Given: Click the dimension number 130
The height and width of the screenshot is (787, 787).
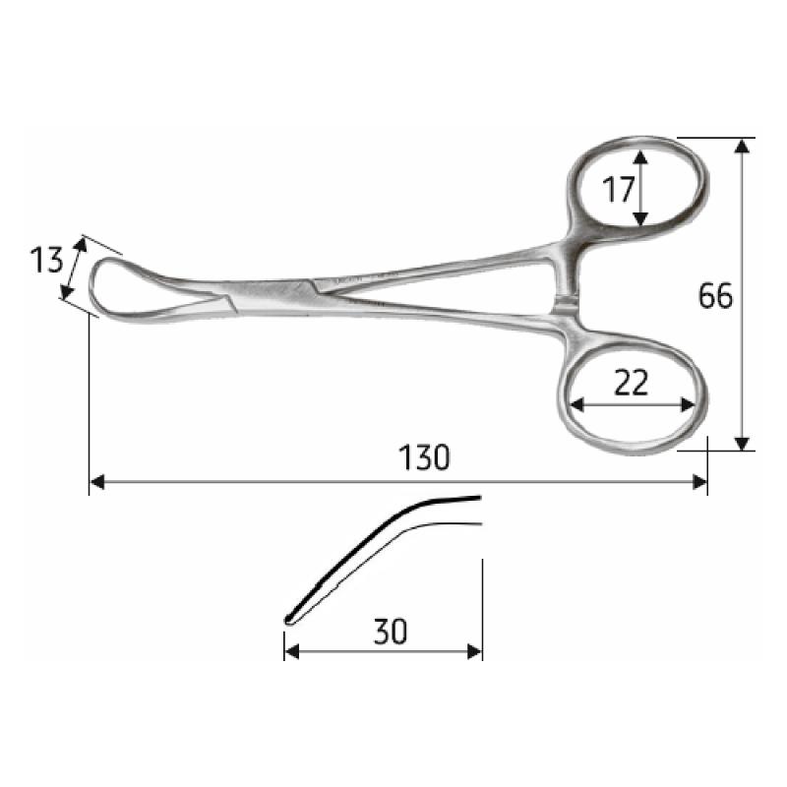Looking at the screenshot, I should click(x=425, y=457).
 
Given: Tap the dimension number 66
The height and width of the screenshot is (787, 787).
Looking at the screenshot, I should click(x=715, y=295).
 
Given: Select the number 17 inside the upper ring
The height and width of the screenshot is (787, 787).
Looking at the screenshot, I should click(x=618, y=188).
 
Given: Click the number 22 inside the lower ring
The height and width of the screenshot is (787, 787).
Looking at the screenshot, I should click(x=631, y=384).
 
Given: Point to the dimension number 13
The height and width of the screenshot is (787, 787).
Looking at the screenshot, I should click(x=46, y=262).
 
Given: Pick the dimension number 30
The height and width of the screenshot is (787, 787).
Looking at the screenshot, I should click(x=391, y=631).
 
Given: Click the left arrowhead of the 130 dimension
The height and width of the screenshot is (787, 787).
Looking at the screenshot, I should click(x=96, y=482).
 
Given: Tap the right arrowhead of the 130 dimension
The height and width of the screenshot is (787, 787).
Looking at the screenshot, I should click(x=700, y=482).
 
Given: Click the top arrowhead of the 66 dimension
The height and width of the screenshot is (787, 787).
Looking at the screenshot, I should click(x=743, y=146).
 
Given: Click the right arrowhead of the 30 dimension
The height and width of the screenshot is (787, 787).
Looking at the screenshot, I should click(x=475, y=651).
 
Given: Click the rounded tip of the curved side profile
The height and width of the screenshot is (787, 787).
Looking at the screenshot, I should click(x=288, y=619).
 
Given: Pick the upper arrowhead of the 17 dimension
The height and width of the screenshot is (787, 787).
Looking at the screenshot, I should click(x=641, y=157).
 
